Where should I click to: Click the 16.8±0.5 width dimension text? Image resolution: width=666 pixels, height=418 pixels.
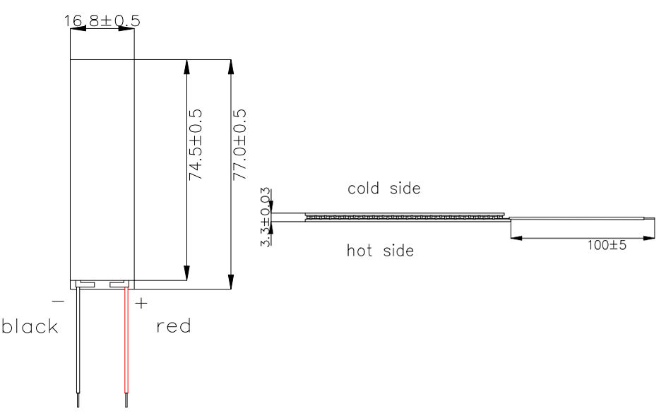tap(102, 20)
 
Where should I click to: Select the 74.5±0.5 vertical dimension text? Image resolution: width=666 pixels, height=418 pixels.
tap(196, 145)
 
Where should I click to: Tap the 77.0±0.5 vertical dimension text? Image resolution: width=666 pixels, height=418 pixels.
tap(239, 145)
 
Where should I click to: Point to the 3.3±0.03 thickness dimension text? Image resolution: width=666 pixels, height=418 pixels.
tap(266, 217)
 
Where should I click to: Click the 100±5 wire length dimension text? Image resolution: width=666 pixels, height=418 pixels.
tap(607, 245)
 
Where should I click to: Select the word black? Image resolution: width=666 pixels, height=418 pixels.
tap(30, 326)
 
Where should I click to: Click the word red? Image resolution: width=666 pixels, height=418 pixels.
tap(173, 326)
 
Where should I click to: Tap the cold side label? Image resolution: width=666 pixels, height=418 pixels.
tap(384, 189)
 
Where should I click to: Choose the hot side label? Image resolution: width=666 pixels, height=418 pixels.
tap(380, 251)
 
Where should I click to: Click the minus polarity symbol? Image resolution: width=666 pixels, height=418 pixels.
tap(58, 301)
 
